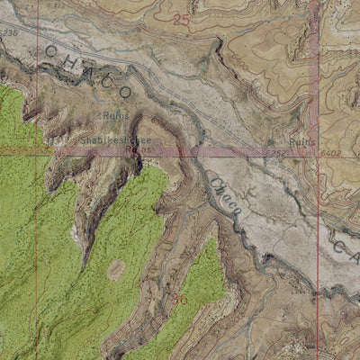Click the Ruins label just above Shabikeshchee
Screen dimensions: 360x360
pyautogui.click(x=115, y=116)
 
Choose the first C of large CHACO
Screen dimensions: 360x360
pyautogui.click(x=51, y=51)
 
